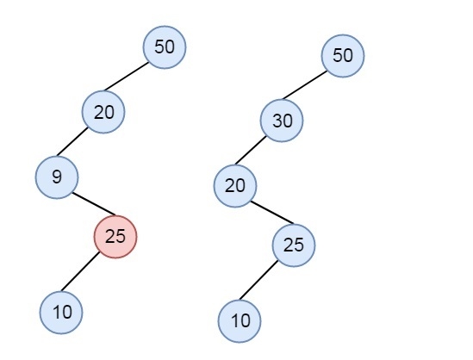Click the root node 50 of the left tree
click(165, 47)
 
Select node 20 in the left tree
click(103, 112)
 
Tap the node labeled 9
click(57, 177)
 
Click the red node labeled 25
click(115, 237)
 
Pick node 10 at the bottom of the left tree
click(61, 313)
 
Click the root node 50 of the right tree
click(343, 56)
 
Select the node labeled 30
click(282, 121)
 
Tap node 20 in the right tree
click(235, 186)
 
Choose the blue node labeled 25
click(294, 245)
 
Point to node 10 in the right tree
click(240, 320)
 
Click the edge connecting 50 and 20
click(127, 77)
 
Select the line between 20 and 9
click(72, 142)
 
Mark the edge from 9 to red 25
click(94, 204)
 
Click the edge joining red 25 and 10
click(80, 271)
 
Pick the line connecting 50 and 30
click(305, 84)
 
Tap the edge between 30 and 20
click(251, 150)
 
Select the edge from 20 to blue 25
click(272, 212)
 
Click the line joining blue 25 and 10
click(258, 280)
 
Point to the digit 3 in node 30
click(277, 121)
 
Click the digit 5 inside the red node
click(121, 237)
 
